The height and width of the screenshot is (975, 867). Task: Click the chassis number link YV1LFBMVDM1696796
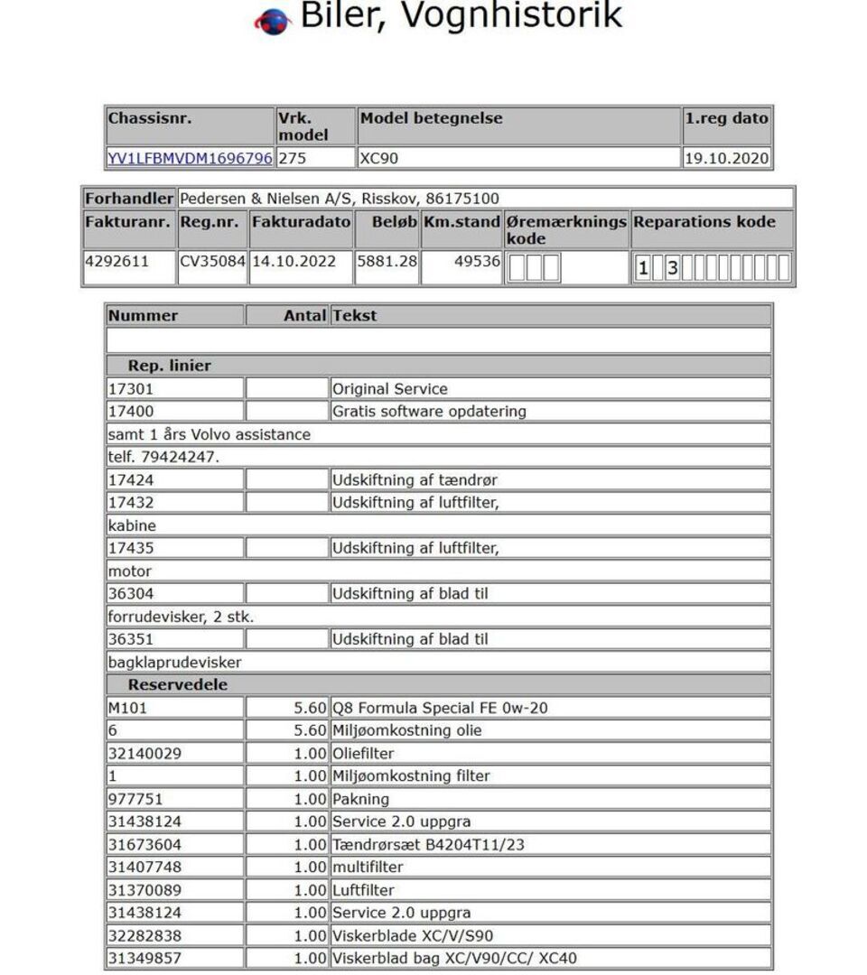[x=190, y=158]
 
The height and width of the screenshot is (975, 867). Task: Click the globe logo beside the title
[x=273, y=22]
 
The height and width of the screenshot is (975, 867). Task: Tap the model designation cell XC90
[x=379, y=158]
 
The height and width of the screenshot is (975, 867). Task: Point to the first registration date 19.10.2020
[x=727, y=158]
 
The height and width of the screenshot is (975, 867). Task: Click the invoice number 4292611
[x=117, y=261]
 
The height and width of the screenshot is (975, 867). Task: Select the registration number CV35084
[x=212, y=261]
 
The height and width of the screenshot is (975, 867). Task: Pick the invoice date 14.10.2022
[x=294, y=261]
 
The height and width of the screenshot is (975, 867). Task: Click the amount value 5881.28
[x=387, y=261]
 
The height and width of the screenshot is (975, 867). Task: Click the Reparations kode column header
[x=704, y=221]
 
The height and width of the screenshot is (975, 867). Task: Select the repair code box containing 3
[x=672, y=268]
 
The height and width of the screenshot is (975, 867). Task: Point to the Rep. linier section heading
[x=169, y=366]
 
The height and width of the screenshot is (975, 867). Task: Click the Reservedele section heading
[x=177, y=684]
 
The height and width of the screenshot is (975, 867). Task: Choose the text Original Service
[x=390, y=389]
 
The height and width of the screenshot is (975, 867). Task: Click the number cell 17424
[x=131, y=480]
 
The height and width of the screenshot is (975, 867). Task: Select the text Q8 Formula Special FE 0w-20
[x=440, y=708]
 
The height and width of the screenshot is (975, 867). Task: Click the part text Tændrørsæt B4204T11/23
[x=428, y=844]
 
